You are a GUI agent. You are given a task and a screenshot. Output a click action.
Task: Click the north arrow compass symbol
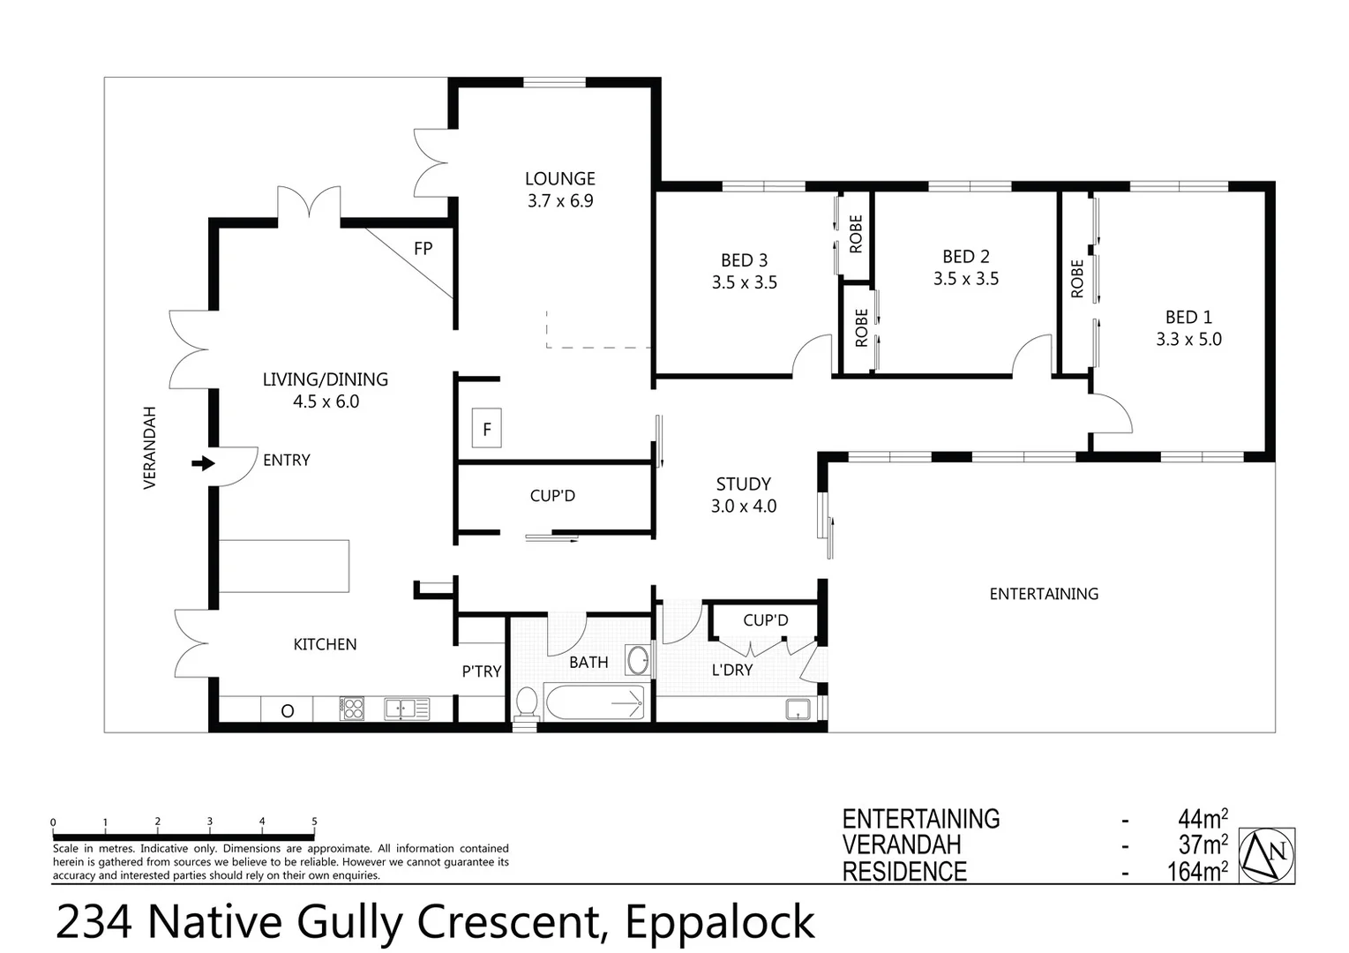[1267, 855]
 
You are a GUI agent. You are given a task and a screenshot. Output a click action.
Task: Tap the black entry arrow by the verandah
[204, 462]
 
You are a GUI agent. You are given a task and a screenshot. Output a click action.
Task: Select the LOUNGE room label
[559, 179]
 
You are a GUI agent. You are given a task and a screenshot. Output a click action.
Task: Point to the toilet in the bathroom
[526, 703]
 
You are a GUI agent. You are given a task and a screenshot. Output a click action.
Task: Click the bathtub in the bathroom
[595, 703]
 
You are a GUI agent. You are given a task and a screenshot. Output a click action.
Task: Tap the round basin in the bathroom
[637, 660]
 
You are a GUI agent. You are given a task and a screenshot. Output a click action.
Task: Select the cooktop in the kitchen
[352, 709]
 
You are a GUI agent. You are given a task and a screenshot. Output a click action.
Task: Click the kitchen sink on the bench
[406, 709]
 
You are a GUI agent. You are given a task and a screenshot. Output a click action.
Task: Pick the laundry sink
[798, 709]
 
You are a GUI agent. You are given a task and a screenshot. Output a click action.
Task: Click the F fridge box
[486, 429]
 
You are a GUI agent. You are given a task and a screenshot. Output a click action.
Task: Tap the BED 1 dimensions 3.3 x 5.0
[1188, 340]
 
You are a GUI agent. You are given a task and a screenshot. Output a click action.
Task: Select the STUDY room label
[743, 484]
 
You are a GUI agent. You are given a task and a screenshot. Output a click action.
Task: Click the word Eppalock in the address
[720, 922]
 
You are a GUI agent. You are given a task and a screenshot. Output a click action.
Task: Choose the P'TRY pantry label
[481, 672]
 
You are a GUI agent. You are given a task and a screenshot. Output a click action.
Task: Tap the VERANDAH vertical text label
[150, 448]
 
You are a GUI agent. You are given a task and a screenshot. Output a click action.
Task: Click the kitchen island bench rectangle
[283, 567]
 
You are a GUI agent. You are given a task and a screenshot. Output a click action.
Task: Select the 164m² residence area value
[1196, 872]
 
